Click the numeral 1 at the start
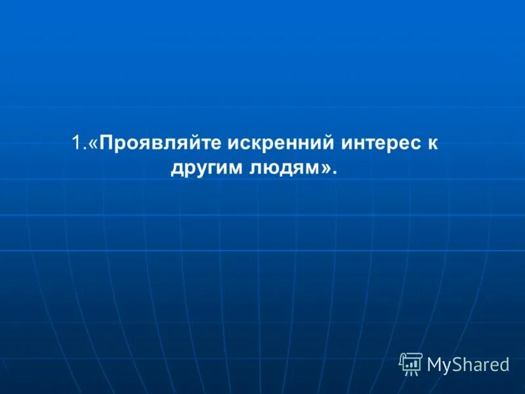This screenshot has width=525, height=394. pyautogui.click(x=76, y=143)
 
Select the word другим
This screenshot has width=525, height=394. pyautogui.click(x=208, y=169)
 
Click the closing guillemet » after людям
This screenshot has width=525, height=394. pyautogui.click(x=327, y=170)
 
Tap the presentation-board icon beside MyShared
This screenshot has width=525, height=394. pyautogui.click(x=411, y=364)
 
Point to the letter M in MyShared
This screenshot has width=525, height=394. pyautogui.click(x=435, y=364)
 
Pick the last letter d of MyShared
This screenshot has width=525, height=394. pyautogui.click(x=505, y=364)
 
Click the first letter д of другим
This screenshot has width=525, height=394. pyautogui.click(x=177, y=170)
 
